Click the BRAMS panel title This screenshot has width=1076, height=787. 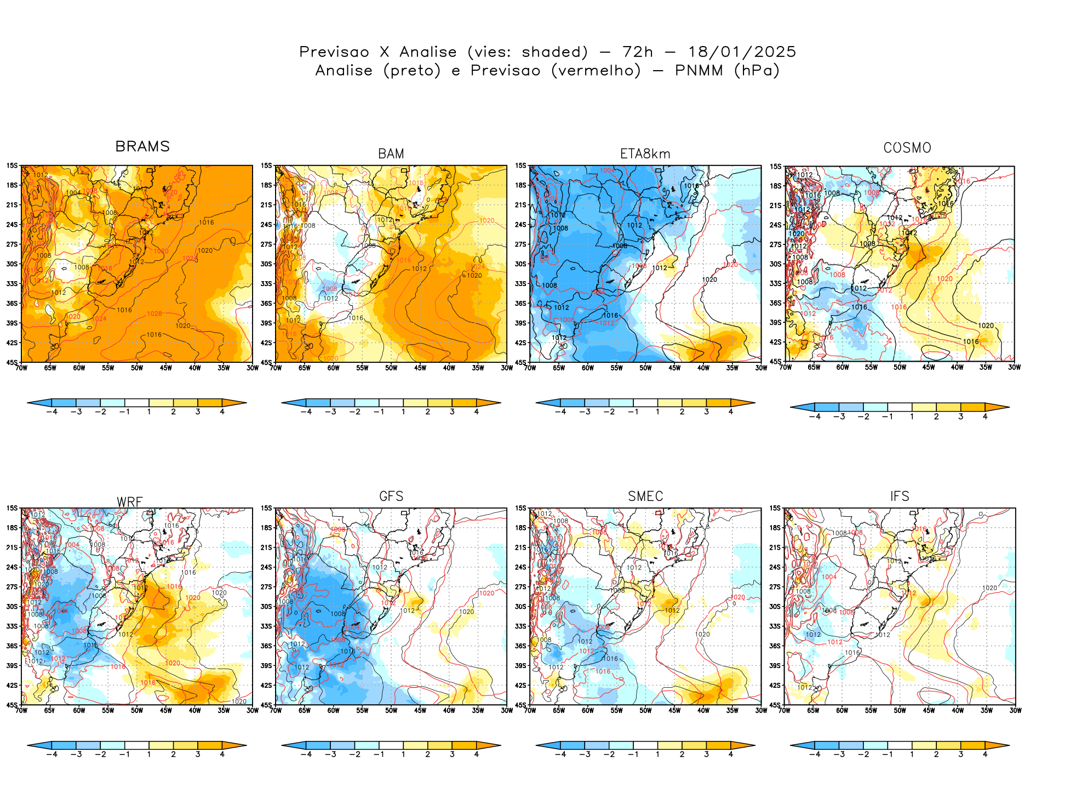[x=142, y=146]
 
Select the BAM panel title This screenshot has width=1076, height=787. [x=391, y=154]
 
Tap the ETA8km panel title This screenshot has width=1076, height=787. [x=645, y=154]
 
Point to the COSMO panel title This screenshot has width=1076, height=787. [x=907, y=148]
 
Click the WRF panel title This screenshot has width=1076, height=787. [x=130, y=502]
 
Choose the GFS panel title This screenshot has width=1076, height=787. [x=391, y=496]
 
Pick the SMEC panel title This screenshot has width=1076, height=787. [x=645, y=496]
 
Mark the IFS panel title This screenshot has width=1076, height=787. [x=900, y=496]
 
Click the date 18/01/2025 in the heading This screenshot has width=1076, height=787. [x=742, y=52]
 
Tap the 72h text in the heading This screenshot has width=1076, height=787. [x=638, y=52]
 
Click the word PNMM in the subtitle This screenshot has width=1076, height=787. [x=699, y=71]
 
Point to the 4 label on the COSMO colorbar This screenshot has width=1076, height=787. [x=985, y=417]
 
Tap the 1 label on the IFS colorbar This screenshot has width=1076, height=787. [x=912, y=754]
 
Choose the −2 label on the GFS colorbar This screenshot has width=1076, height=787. [x=354, y=754]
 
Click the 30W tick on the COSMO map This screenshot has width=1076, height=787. [x=1014, y=367]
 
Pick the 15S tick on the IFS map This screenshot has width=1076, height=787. [x=775, y=508]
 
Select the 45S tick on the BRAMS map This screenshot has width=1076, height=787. [x=12, y=362]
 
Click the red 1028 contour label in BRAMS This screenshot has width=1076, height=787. [x=154, y=314]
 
